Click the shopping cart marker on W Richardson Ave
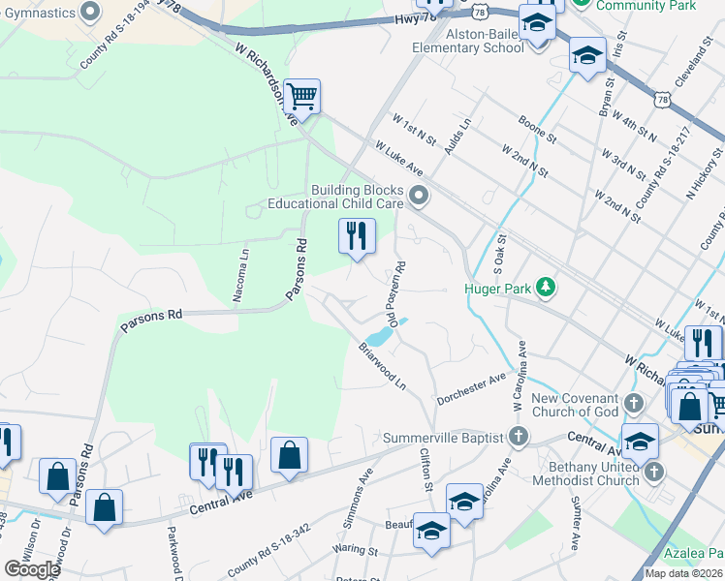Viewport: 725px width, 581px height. (x=303, y=97)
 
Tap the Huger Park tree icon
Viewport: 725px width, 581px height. (x=547, y=287)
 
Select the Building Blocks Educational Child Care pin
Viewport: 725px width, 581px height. (x=419, y=197)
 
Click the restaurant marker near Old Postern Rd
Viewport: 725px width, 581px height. (x=357, y=236)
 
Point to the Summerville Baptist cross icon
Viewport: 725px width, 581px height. (x=519, y=437)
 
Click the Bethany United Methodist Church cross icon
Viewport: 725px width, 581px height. (x=654, y=472)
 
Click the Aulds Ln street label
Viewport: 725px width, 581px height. (x=457, y=137)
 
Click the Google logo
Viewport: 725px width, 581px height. (x=31, y=569)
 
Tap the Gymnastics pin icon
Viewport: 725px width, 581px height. (x=90, y=11)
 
